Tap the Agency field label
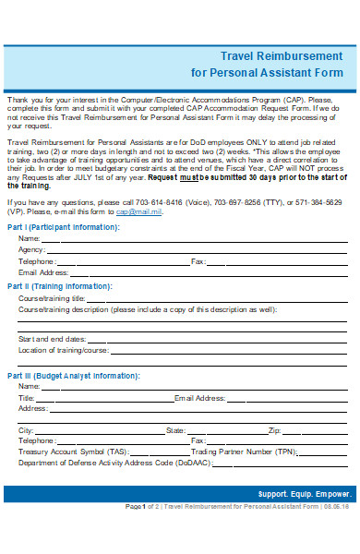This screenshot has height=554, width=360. (30, 250)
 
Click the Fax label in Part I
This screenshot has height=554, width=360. (197, 261)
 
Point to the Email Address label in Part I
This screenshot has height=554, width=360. (43, 273)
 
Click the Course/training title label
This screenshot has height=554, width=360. (52, 299)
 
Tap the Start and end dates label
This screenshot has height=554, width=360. (52, 340)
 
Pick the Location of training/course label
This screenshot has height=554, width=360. (63, 351)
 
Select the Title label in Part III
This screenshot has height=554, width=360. (26, 398)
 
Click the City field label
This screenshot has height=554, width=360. (26, 430)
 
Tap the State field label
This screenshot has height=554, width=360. (175, 430)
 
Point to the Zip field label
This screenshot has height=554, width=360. (274, 430)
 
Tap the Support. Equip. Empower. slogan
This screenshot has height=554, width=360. (304, 493)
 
